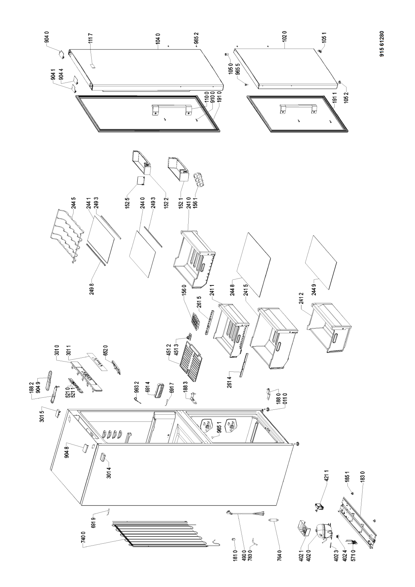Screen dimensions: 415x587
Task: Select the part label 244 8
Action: pyautogui.click(x=232, y=289)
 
